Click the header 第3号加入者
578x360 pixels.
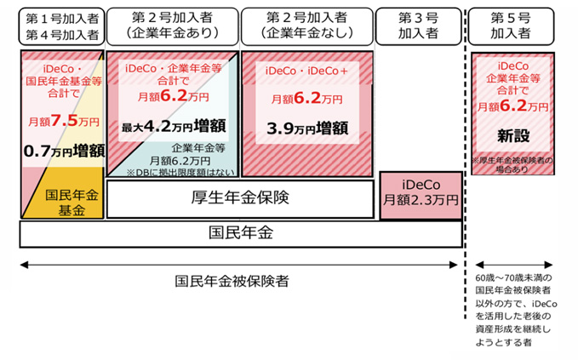click(418, 26)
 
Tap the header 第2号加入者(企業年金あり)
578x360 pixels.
click(171, 26)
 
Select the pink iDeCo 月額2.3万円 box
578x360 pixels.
click(418, 191)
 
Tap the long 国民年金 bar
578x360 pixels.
click(240, 232)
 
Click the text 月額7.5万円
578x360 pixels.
click(60, 121)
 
